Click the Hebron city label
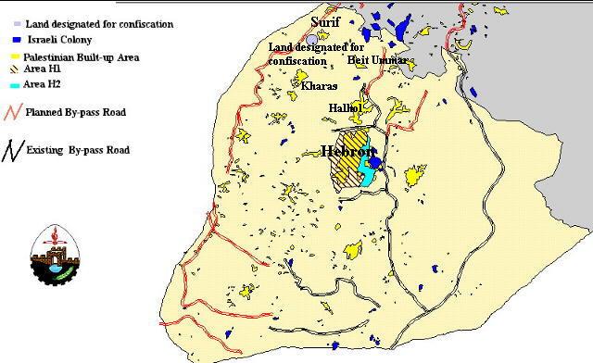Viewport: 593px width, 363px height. tap(347, 151)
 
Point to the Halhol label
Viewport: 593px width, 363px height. tap(347, 108)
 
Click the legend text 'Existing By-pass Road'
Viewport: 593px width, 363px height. tap(78, 149)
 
